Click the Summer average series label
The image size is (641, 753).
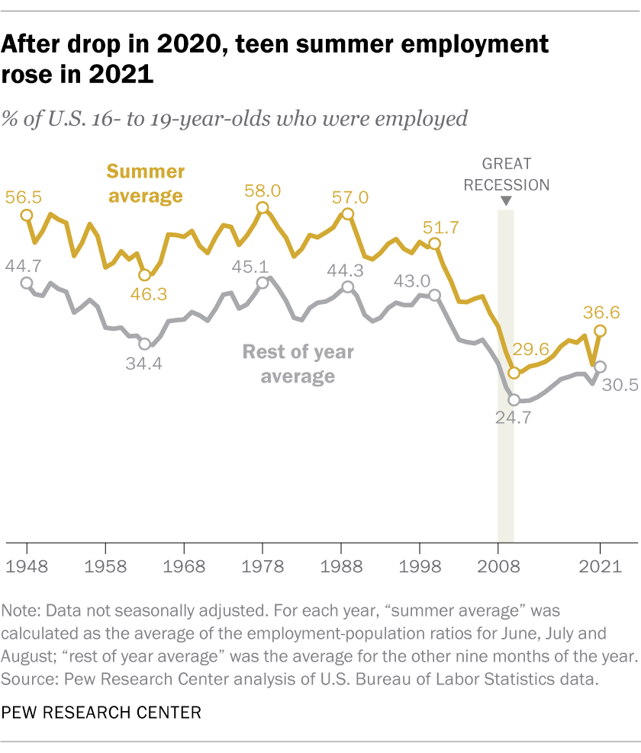pos(145,183)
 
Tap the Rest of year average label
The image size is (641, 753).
pos(298,364)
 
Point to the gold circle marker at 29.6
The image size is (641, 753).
pos(514,373)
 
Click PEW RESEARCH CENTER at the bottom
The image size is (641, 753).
pos(101,713)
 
